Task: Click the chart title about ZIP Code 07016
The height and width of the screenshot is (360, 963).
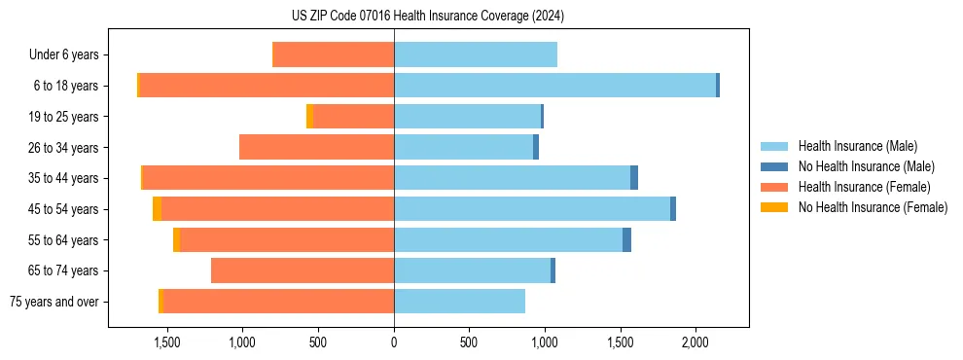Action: click(x=428, y=16)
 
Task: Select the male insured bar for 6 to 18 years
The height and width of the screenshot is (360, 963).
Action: click(x=554, y=86)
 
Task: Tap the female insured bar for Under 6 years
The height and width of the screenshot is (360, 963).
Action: click(x=334, y=54)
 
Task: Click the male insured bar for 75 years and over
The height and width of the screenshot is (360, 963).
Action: click(x=459, y=302)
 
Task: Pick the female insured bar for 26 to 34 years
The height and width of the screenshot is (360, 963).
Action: click(x=316, y=147)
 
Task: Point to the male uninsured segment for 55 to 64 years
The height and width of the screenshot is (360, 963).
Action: click(x=626, y=239)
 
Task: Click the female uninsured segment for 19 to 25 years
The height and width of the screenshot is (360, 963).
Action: click(x=309, y=117)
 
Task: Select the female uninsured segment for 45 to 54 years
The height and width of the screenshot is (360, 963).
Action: click(x=157, y=209)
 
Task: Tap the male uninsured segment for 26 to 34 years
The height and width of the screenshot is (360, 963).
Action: click(x=536, y=147)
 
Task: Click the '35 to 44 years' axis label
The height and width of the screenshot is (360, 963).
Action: click(x=64, y=178)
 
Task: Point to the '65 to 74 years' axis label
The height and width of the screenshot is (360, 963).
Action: click(x=64, y=270)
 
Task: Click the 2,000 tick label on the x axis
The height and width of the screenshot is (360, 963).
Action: click(x=695, y=342)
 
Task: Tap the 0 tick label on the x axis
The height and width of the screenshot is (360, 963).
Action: click(x=394, y=342)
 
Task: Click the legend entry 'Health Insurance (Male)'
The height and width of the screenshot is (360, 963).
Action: click(x=857, y=146)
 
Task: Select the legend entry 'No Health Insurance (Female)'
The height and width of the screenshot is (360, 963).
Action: click(x=873, y=207)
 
